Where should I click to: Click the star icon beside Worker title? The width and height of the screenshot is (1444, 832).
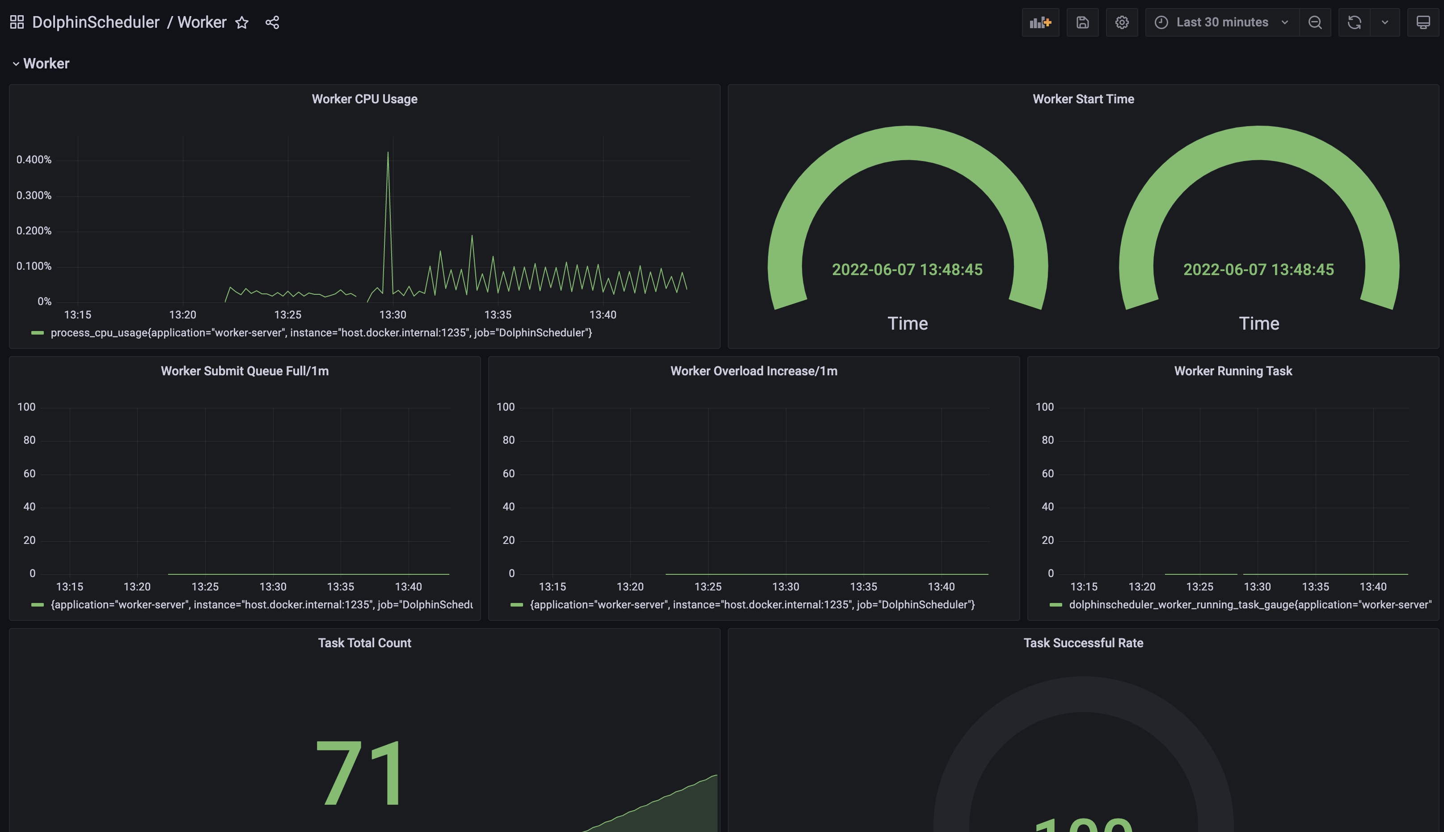point(242,23)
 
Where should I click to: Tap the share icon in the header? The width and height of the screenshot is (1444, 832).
point(272,23)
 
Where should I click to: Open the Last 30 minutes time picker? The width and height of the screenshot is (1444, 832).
point(1222,23)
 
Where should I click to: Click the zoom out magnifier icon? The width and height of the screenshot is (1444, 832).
point(1315,23)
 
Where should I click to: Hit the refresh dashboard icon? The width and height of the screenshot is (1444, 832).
point(1354,23)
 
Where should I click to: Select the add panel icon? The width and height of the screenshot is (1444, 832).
point(1040,23)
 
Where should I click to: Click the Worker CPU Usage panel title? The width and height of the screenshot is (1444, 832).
point(364,99)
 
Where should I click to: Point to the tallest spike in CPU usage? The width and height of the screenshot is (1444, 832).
point(388,153)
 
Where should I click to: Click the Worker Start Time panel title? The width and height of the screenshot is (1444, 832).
point(1083,99)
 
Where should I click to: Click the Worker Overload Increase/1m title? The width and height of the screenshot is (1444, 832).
point(754,371)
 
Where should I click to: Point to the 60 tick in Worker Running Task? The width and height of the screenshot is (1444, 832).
point(1048,474)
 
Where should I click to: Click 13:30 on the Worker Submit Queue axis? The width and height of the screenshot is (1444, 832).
point(273,587)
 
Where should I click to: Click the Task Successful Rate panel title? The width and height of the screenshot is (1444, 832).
point(1083,643)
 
